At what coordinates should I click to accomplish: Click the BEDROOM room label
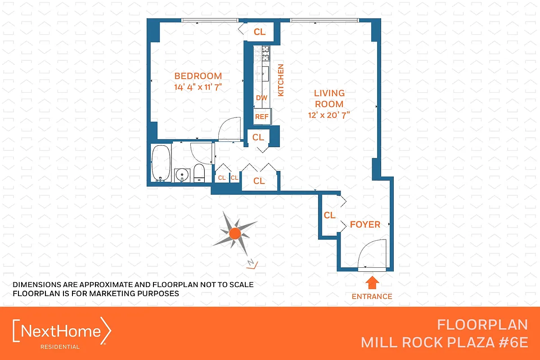[x=198, y=76]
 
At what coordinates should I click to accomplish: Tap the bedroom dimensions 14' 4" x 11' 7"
[x=198, y=87]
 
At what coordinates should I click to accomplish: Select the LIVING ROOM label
[x=329, y=99]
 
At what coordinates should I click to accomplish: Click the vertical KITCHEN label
[x=281, y=80]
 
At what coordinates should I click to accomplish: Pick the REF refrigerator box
[x=262, y=117]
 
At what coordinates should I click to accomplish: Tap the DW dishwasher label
[x=261, y=98]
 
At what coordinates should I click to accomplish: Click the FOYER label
[x=365, y=224]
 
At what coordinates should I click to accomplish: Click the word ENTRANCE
[x=372, y=296]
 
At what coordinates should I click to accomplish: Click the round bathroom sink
[x=182, y=174]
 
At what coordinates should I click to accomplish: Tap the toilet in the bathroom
[x=199, y=173]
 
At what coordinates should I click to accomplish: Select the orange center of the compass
[x=234, y=233]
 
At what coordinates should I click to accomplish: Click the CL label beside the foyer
[x=329, y=216]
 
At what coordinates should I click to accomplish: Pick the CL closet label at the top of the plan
[x=260, y=32]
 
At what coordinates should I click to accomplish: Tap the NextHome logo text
[x=62, y=332]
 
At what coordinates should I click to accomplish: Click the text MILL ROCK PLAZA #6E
[x=444, y=342]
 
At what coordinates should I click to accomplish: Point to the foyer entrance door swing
[x=373, y=254]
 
